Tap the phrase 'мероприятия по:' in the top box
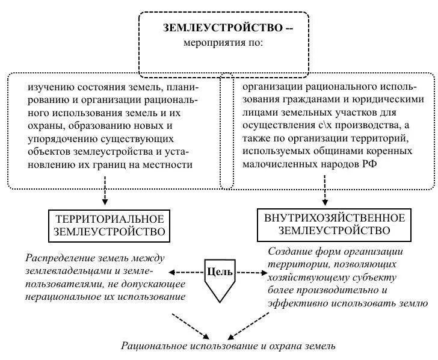coord(224,43)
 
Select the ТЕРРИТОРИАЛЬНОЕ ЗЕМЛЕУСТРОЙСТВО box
coord(108,224)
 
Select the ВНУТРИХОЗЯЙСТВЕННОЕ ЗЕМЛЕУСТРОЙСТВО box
coord(327,223)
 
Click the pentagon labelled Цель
coord(220,279)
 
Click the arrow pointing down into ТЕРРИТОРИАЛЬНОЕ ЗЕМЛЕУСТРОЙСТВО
coord(106,194)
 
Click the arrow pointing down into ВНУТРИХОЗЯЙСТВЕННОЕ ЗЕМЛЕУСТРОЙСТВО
coord(325,193)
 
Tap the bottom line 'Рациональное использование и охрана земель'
coord(227,346)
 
